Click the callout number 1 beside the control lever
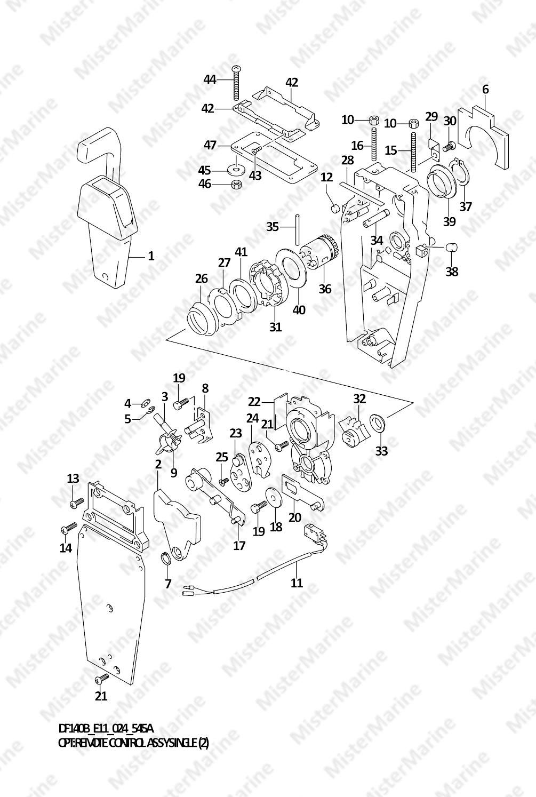tap(151, 256)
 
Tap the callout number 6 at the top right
tap(485, 90)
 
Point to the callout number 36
tap(325, 289)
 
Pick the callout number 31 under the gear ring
tap(275, 326)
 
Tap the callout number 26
tap(201, 278)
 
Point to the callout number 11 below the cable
tap(297, 583)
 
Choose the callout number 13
tap(73, 478)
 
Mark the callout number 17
tap(239, 545)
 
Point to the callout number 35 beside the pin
tap(273, 227)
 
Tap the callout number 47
tap(210, 145)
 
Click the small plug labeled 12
tap(335, 208)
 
